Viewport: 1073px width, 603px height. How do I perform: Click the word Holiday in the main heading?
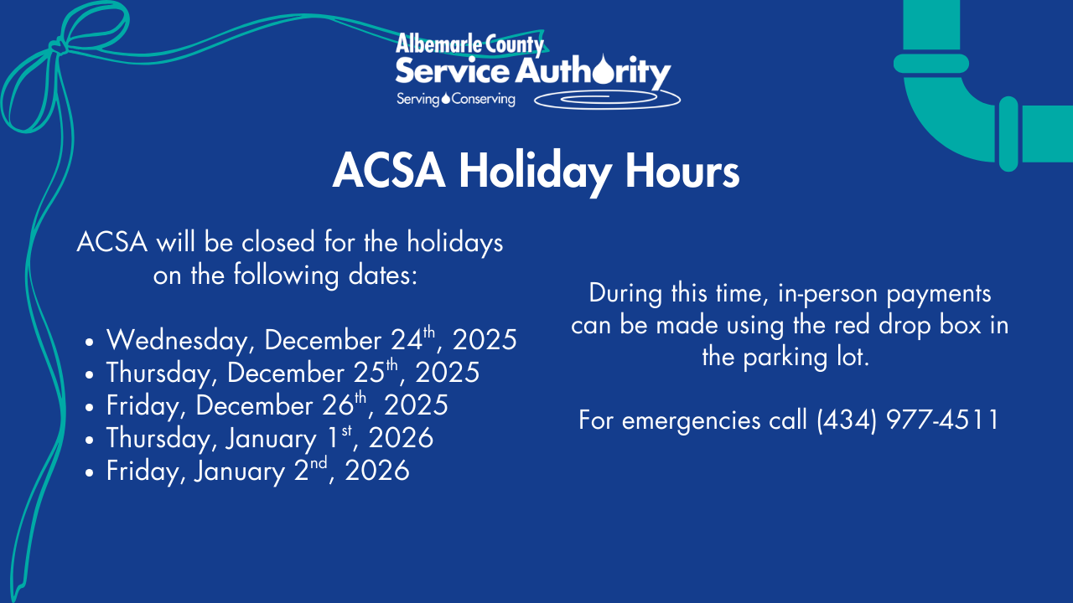pyautogui.click(x=535, y=173)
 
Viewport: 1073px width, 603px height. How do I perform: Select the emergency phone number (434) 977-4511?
pyautogui.click(x=907, y=420)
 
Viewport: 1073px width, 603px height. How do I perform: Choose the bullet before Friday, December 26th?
pyautogui.click(x=89, y=407)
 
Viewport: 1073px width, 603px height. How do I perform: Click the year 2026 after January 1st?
pyautogui.click(x=401, y=438)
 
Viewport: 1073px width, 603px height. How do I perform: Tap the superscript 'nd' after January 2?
pyautogui.click(x=319, y=462)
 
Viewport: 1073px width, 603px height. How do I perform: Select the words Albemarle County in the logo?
pyautogui.click(x=469, y=44)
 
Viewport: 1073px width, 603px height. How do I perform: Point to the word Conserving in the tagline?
pyautogui.click(x=484, y=99)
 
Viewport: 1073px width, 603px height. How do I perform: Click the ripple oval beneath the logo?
pyautogui.click(x=607, y=100)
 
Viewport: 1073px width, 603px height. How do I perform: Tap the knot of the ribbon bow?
pyautogui.click(x=57, y=47)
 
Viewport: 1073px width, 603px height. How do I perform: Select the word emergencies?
pyautogui.click(x=691, y=421)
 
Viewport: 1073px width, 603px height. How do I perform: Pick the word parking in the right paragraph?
pyautogui.click(x=785, y=358)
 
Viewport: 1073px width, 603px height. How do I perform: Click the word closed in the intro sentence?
pyautogui.click(x=278, y=242)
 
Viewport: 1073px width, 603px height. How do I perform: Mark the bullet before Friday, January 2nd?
pyautogui.click(x=89, y=472)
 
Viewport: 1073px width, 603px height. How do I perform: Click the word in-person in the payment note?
pyautogui.click(x=830, y=294)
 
